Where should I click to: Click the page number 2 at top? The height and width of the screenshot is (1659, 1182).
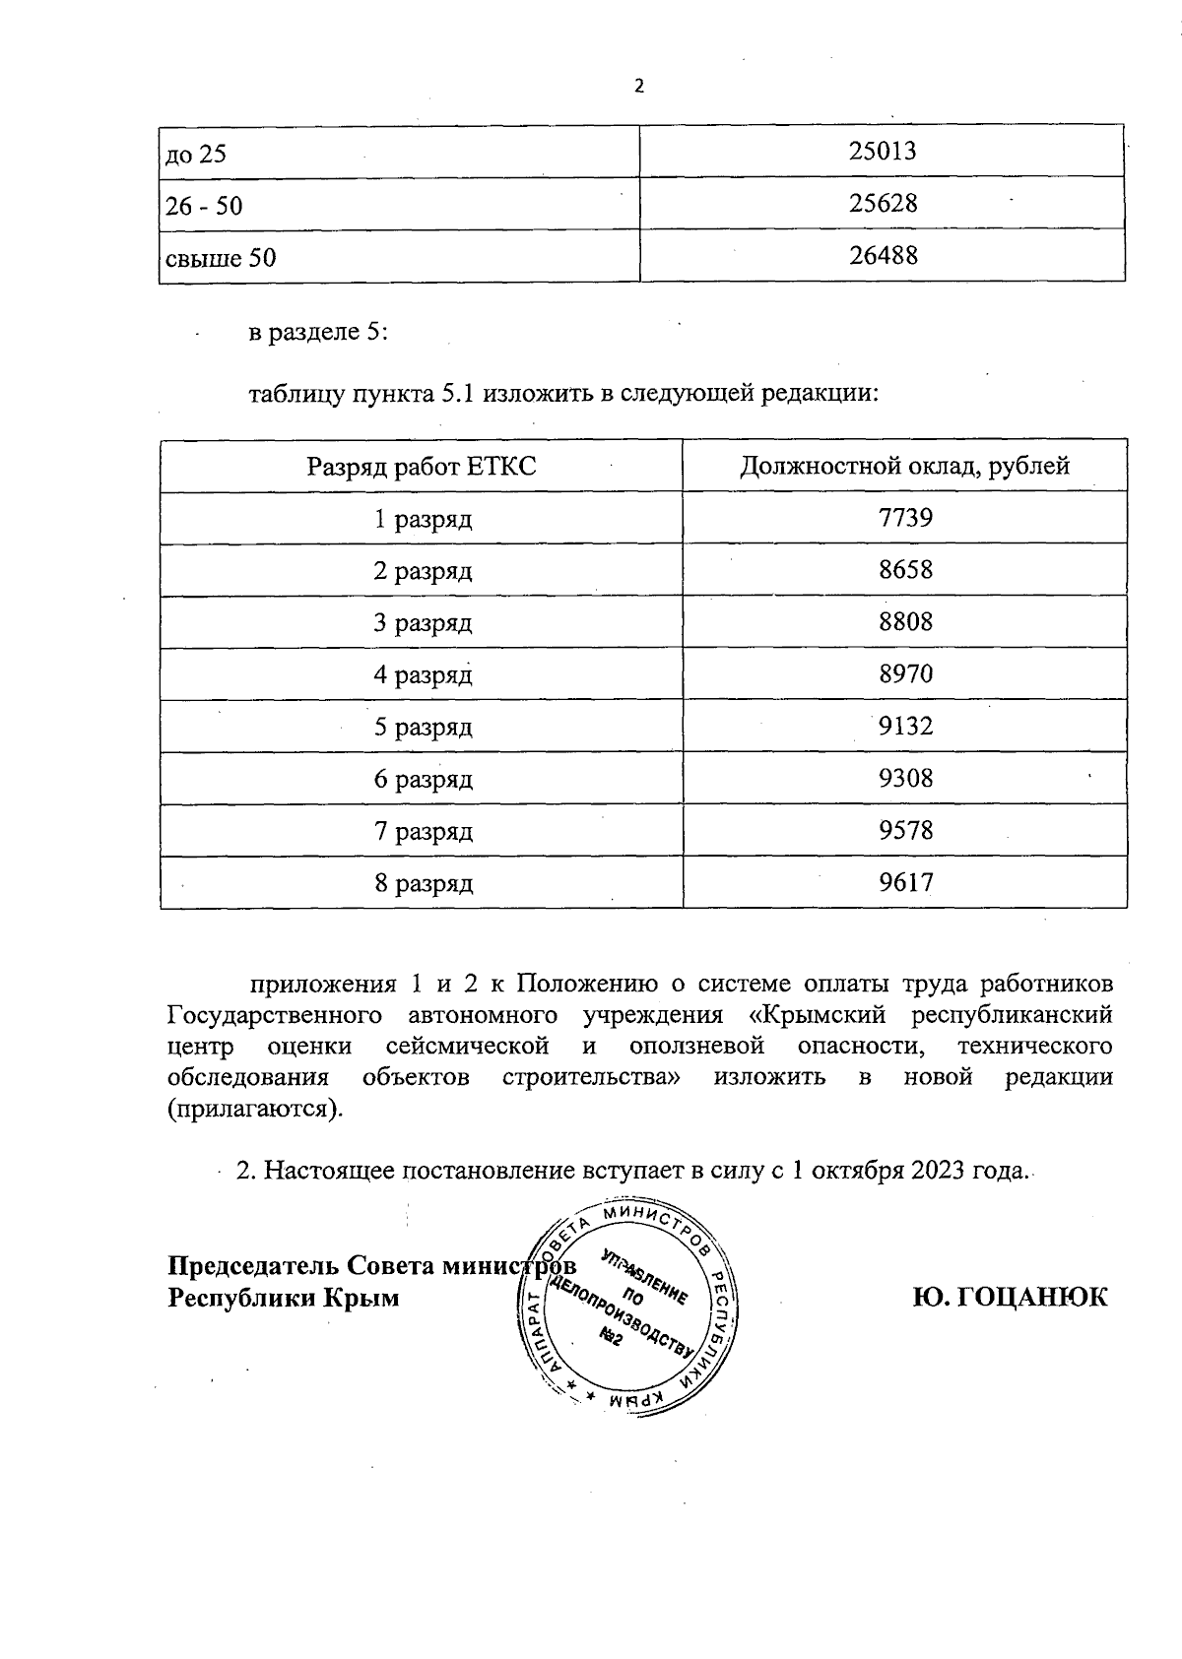click(638, 87)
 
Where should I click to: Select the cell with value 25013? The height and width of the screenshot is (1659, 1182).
click(882, 151)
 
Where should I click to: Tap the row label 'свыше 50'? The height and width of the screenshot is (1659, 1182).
click(221, 258)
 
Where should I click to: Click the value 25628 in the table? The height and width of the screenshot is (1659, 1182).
click(882, 203)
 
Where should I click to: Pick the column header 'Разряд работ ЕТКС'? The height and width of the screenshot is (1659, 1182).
click(422, 466)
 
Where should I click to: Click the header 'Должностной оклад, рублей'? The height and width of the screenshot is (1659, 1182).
click(904, 466)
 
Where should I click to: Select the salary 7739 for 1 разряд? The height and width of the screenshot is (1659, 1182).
click(904, 518)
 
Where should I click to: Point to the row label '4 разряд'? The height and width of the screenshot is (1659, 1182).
click(423, 675)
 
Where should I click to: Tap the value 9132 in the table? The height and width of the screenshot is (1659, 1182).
click(904, 727)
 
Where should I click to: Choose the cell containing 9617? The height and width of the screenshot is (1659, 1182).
click(904, 883)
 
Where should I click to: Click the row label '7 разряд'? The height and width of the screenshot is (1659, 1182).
click(423, 832)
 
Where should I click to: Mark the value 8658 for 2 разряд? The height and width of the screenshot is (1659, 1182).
click(904, 570)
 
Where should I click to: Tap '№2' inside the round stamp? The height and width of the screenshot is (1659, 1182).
click(611, 1336)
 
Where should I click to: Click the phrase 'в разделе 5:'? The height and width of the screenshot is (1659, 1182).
click(318, 333)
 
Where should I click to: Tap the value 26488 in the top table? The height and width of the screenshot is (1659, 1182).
click(882, 256)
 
